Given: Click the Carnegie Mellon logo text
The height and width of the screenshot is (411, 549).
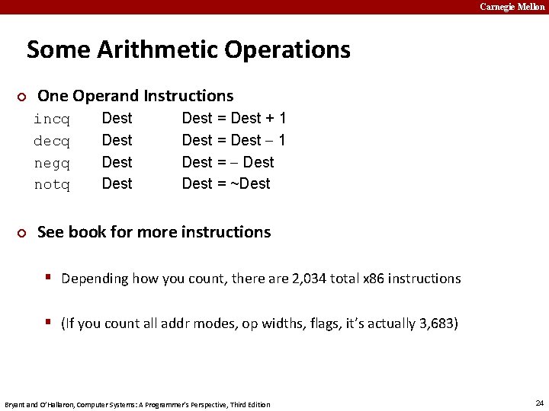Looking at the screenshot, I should coord(512,7).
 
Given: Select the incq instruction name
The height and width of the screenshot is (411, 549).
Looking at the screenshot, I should coord(52,119).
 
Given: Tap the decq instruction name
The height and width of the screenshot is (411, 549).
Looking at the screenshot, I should coord(52,142).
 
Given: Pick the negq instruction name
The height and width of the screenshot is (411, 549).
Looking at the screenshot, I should coord(52,163).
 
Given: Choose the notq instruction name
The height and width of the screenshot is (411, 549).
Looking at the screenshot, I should coord(52,185).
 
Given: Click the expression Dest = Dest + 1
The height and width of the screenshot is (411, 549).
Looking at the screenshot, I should coord(234,119).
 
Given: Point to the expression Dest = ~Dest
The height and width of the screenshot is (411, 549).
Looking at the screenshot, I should coord(226,184).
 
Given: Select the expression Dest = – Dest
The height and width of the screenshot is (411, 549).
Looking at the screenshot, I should coord(228,162).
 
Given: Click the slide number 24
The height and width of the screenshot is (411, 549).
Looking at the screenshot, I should coord(539,403).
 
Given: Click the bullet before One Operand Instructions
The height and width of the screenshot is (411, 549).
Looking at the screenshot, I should coord(22,97).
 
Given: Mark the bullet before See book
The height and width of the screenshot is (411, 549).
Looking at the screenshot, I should coord(22,233).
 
